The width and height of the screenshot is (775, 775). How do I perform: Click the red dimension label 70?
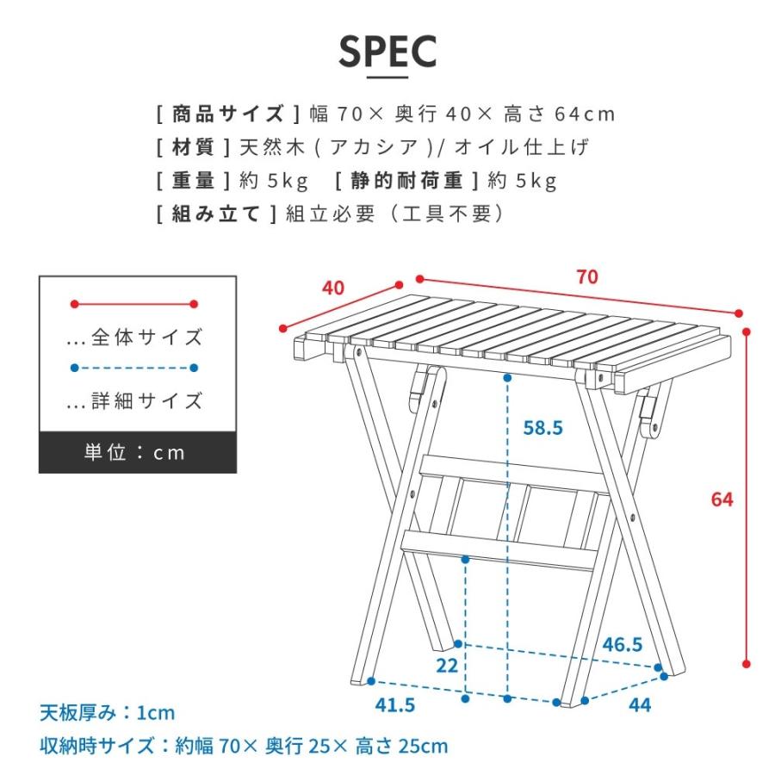click(587, 277)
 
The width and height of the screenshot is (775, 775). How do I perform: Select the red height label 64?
click(722, 499)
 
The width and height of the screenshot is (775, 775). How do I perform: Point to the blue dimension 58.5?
click(542, 426)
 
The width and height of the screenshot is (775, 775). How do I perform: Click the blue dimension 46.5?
click(622, 644)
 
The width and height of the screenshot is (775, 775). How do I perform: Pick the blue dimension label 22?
click(446, 666)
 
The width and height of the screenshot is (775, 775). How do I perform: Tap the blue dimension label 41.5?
click(395, 705)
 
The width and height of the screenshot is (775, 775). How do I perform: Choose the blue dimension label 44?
click(639, 705)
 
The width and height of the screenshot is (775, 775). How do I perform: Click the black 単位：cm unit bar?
click(137, 452)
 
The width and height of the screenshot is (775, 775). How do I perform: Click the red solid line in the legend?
click(134, 304)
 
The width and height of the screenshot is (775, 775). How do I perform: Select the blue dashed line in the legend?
click(134, 368)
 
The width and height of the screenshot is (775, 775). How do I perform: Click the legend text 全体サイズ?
click(145, 337)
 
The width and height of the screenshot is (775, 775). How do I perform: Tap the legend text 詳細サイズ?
click(145, 400)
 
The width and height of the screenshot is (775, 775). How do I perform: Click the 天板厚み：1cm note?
click(107, 713)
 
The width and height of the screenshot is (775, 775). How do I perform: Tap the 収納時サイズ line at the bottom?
click(243, 746)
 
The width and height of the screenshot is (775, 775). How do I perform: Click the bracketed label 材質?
click(193, 147)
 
